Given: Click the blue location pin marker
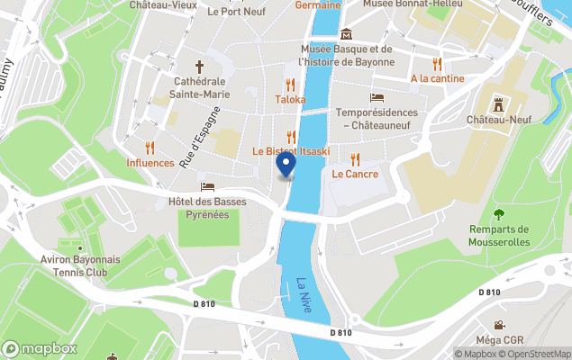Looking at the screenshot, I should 286,166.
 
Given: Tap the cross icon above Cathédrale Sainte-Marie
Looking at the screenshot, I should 201,67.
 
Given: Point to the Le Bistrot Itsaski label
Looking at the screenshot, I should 292,151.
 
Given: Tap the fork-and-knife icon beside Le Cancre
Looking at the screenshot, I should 356,159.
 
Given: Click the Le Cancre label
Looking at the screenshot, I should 355,174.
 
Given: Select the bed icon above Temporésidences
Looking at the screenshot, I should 377,97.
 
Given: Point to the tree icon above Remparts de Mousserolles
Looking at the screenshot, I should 498,214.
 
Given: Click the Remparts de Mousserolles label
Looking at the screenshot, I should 498,235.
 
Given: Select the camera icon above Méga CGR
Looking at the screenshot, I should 498,324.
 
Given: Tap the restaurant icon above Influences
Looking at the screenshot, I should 150,147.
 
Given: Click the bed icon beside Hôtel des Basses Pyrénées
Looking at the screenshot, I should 208,186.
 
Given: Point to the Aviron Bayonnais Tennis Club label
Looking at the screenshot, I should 81,265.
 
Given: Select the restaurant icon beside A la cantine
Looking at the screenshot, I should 437,64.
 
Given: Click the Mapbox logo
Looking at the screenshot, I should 40,348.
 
